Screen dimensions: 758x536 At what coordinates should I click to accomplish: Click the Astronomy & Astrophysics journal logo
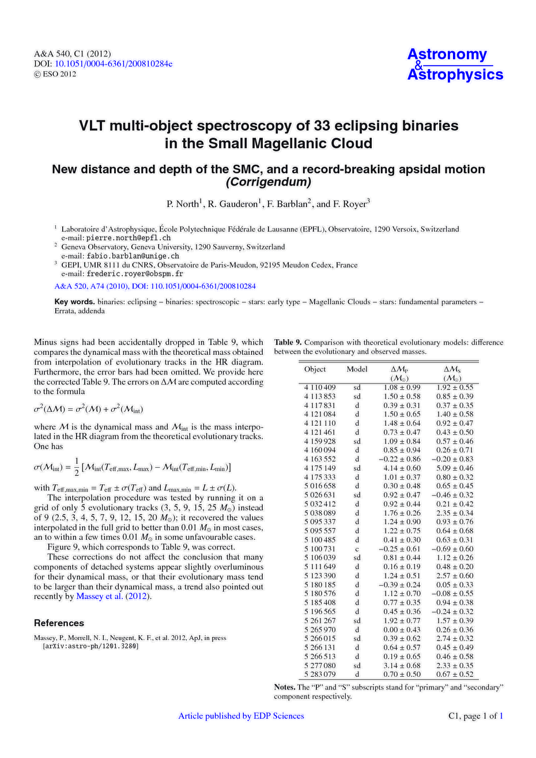pos(455,65)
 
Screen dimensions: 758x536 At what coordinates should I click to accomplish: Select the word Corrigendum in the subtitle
pos(268,183)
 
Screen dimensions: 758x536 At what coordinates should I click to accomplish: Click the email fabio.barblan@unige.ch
pos(133,256)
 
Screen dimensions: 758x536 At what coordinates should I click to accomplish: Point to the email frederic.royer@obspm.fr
pos(135,274)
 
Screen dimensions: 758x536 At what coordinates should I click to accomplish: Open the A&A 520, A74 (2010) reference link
pos(155,286)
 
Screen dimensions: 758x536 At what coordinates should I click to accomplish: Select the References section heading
pos(59,623)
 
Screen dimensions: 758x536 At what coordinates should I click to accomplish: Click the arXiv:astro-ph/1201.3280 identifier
pos(90,646)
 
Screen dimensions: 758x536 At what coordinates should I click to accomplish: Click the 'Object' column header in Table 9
pos(315,369)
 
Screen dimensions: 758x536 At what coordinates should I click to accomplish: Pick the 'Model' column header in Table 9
pos(357,369)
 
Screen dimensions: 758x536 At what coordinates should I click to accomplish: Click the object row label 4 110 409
pos(320,388)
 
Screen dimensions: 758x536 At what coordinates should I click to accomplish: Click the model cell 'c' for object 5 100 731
pos(357,549)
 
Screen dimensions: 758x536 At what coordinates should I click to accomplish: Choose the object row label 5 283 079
pos(320,674)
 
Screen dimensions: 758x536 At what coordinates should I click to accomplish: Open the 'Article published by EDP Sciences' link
pos(241,716)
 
